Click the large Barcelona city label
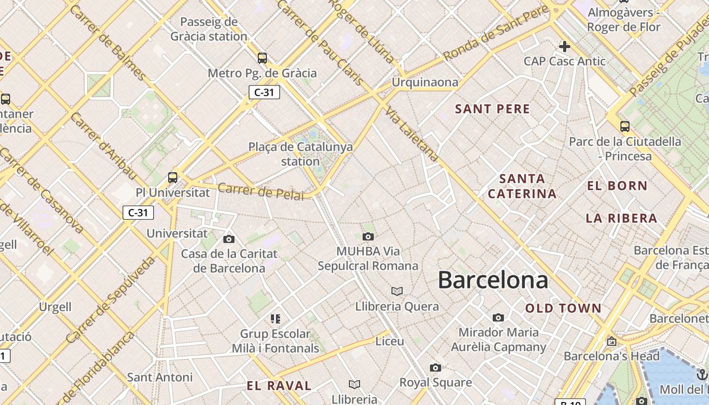click(493, 280)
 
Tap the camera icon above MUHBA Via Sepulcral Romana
click(368, 236)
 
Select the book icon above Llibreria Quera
click(397, 291)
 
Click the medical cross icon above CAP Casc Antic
click(564, 47)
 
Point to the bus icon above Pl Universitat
click(173, 178)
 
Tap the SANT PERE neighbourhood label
click(492, 109)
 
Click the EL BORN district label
click(617, 186)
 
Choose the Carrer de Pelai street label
click(261, 191)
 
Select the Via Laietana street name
click(411, 134)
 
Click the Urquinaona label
click(425, 82)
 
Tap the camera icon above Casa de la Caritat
click(229, 239)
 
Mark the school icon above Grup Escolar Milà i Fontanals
click(275, 319)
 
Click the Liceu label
click(389, 341)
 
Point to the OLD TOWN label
click(563, 308)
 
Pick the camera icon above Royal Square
click(436, 368)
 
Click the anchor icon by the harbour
click(701, 375)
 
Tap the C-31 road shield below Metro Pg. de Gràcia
click(264, 92)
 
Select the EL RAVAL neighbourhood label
click(279, 386)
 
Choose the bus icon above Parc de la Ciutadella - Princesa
click(625, 127)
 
